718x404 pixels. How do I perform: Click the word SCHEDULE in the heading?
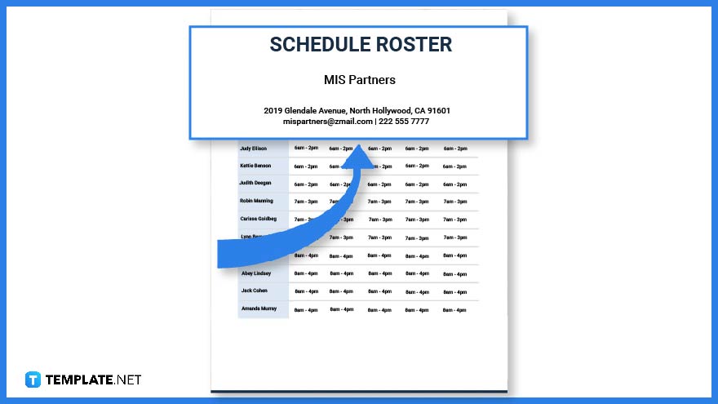coord(317,45)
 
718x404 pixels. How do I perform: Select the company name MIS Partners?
coord(359,80)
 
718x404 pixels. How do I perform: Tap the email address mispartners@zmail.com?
coord(327,122)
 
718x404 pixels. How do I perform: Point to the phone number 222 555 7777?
coord(404,122)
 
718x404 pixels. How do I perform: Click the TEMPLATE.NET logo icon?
coord(33,380)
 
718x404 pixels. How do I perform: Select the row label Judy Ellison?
coord(253,149)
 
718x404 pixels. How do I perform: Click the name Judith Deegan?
coord(255,184)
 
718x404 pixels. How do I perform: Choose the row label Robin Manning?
coord(256,201)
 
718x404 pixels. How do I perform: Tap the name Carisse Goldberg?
coord(258,219)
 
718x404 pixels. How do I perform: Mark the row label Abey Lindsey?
coord(255,273)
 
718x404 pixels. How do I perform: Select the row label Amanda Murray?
coord(259,309)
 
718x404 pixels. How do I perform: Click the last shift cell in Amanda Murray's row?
coord(454,309)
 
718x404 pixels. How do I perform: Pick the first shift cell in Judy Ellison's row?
coord(306,149)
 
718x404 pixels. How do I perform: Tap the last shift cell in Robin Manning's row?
coord(454,202)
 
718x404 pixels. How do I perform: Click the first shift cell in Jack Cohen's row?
coord(306,291)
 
